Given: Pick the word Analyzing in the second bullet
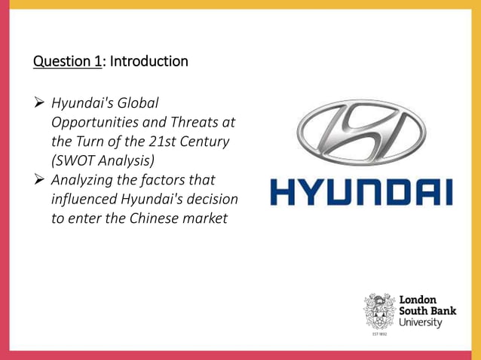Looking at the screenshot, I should click(84, 181).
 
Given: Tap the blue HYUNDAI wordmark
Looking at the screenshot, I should click(360, 192).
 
